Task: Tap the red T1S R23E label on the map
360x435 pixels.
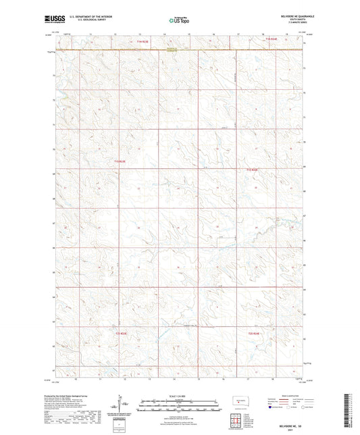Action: (120, 161)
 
